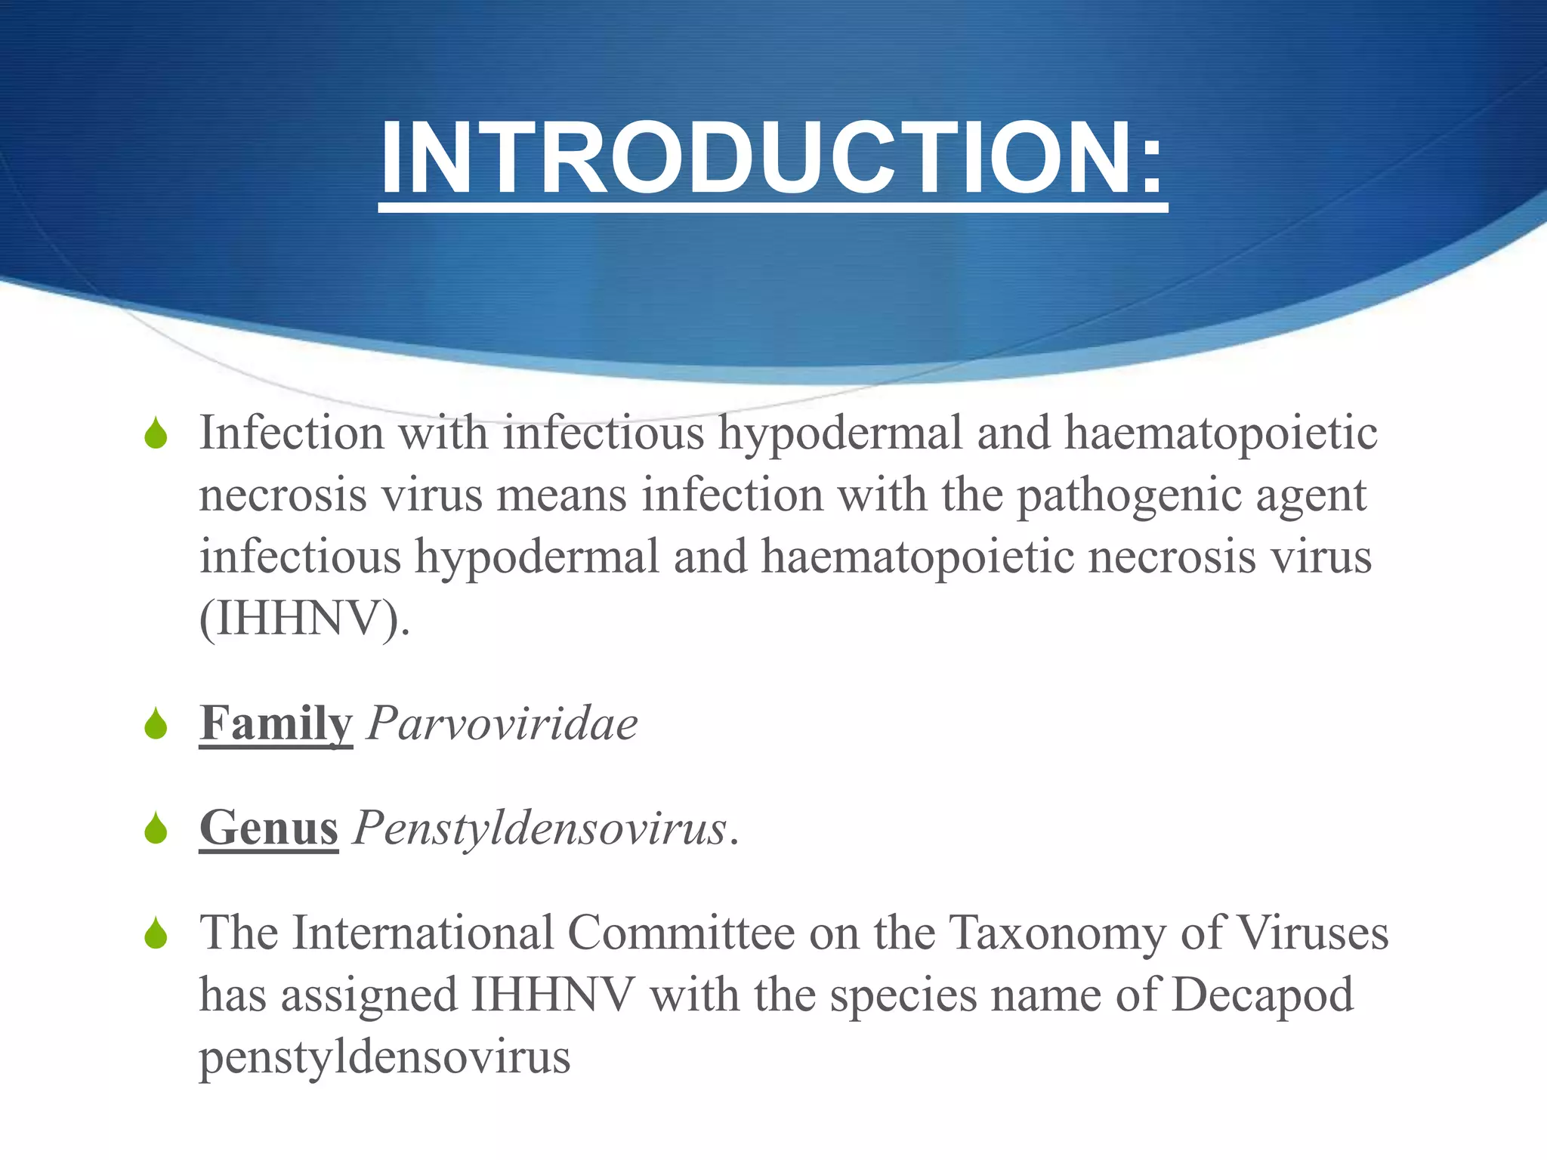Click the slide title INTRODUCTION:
[773, 160]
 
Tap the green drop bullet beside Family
[156, 724]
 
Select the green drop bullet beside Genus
[156, 828]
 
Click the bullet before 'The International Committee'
[156, 933]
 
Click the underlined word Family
[276, 723]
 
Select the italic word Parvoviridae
[502, 723]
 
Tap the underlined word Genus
[269, 828]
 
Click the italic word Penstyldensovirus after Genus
[539, 828]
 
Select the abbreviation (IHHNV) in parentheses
[304, 619]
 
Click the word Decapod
[1262, 995]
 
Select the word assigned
[369, 995]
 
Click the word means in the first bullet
[561, 495]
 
